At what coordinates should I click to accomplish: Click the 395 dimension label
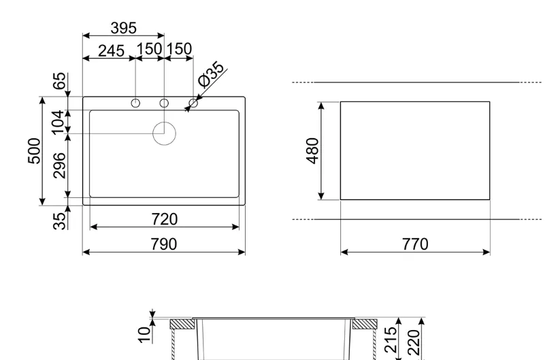click(x=124, y=28)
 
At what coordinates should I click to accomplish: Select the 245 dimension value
click(x=111, y=51)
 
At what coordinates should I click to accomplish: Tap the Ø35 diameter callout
click(x=211, y=74)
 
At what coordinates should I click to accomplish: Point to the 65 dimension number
click(x=60, y=81)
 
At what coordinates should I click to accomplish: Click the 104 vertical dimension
click(x=58, y=122)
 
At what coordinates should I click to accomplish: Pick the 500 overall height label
click(x=34, y=150)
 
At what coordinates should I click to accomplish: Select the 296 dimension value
click(x=59, y=165)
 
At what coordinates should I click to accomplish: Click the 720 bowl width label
click(x=164, y=219)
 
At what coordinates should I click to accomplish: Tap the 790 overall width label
click(x=164, y=244)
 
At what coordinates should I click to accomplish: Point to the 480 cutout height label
click(x=312, y=150)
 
